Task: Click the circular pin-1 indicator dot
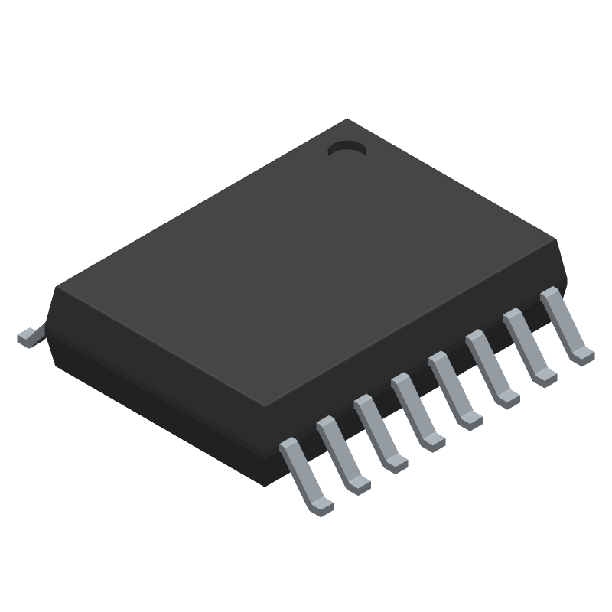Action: pos(347,151)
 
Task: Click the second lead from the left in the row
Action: pos(343,455)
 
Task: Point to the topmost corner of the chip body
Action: pos(348,120)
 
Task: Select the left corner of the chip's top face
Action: pos(57,288)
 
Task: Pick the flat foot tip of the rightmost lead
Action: pos(584,353)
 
